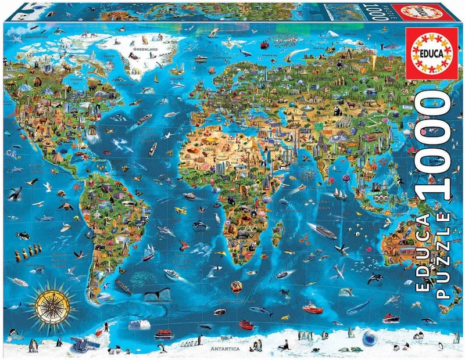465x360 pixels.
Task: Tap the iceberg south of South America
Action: [138, 323]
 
